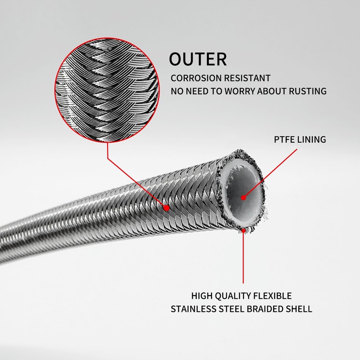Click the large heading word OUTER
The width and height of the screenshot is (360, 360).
[x=198, y=59]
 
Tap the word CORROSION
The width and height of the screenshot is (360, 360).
[x=196, y=78]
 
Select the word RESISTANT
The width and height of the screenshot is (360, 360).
[x=247, y=78]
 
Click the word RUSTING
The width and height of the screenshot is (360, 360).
[x=308, y=91]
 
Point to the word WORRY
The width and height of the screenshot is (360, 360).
[x=239, y=91]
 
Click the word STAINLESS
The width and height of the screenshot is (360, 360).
[x=193, y=309]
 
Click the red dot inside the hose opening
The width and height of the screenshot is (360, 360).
[x=243, y=198]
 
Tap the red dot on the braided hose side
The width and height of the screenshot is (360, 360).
[x=166, y=208]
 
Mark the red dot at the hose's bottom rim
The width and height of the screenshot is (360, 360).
[x=243, y=230]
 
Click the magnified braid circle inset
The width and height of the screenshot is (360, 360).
[x=107, y=90]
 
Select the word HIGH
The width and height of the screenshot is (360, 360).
[x=202, y=296]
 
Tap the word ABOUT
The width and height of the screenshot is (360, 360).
[x=272, y=91]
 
